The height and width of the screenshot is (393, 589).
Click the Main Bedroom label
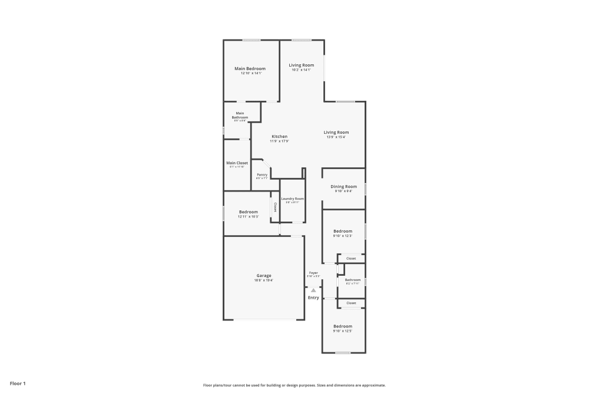coord(251,69)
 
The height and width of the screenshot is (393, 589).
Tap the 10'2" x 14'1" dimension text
coord(301,70)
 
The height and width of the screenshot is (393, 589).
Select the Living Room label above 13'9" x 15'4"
coord(336,133)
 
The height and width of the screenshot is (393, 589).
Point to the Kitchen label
coord(279,137)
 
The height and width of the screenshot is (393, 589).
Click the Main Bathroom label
coord(240,115)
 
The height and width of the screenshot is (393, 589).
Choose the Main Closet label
coord(237,163)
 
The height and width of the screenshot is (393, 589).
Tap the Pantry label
coord(262,175)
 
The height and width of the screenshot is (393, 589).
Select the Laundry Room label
coord(292,199)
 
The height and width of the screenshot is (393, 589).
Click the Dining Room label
coord(343,187)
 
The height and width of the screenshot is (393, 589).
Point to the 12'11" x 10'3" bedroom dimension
coord(248,217)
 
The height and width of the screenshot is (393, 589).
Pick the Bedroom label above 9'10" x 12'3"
coord(343,232)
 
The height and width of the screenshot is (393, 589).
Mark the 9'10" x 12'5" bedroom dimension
coord(343,331)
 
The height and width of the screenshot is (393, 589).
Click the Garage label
coord(263,276)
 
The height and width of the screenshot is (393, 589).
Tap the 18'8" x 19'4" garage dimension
coord(263,280)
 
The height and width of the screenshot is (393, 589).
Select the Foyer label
coord(313,273)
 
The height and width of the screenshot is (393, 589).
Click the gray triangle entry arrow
coord(313,290)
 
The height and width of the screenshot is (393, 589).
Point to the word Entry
coord(313,298)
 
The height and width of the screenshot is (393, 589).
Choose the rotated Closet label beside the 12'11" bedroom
coord(275,207)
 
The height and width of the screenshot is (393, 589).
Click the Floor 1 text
coord(18,384)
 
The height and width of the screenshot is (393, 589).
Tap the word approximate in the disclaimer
coord(373,385)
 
